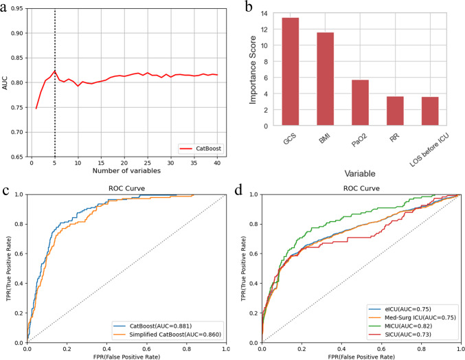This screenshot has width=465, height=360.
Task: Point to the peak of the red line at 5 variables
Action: tap(56, 70)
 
